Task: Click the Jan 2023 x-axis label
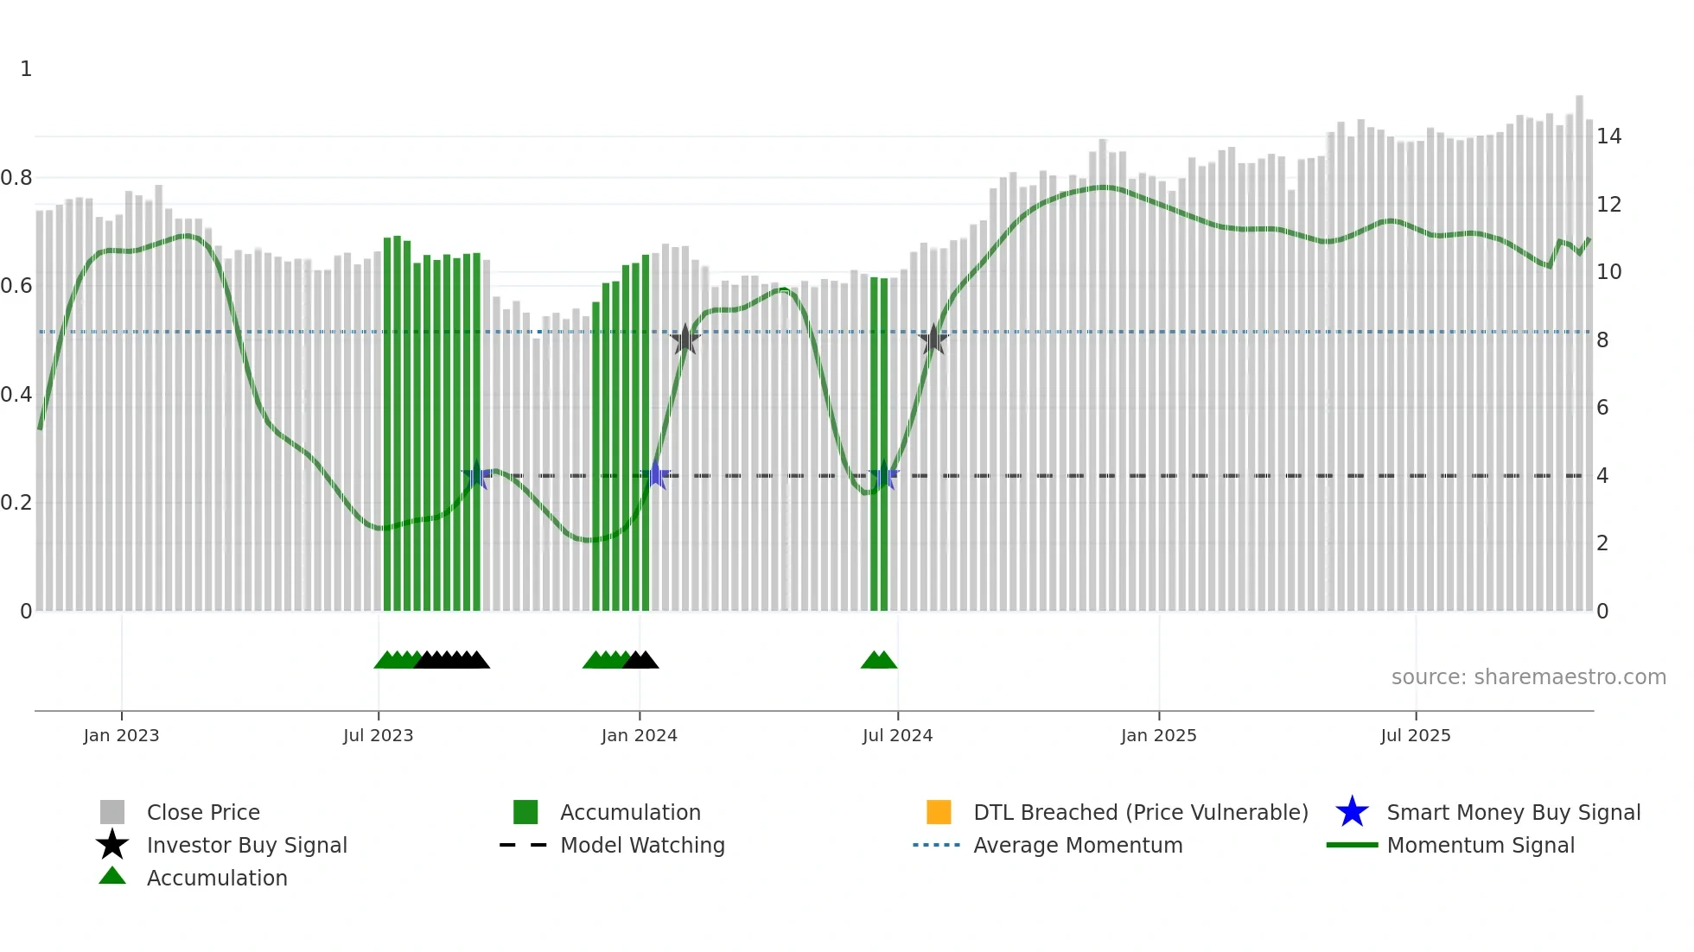pyautogui.click(x=121, y=735)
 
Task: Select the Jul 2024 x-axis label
pyautogui.click(x=897, y=735)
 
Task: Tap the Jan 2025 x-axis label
pyautogui.click(x=1158, y=735)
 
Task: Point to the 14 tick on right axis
pyautogui.click(x=1608, y=136)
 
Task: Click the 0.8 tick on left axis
pyautogui.click(x=17, y=178)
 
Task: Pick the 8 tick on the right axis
pyautogui.click(x=1602, y=340)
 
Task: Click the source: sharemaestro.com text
pyautogui.click(x=1528, y=677)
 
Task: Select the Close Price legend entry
pyautogui.click(x=203, y=812)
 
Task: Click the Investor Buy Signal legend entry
pyautogui.click(x=246, y=845)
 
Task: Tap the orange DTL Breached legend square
pyautogui.click(x=939, y=812)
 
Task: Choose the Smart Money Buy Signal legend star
pyautogui.click(x=1352, y=812)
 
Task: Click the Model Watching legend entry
pyautogui.click(x=642, y=845)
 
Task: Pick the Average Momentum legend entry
pyautogui.click(x=1078, y=845)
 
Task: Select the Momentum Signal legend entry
pyautogui.click(x=1481, y=845)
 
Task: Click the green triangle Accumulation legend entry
pyautogui.click(x=216, y=878)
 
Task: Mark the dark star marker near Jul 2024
pyautogui.click(x=933, y=340)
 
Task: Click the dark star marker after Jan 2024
pyautogui.click(x=685, y=340)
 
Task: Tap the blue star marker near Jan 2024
pyautogui.click(x=656, y=475)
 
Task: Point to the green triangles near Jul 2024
pyautogui.click(x=879, y=661)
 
